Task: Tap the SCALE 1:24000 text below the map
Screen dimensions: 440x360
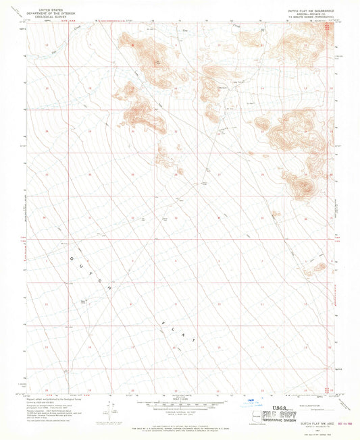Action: (179, 397)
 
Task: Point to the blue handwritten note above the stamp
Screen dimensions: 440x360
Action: (260, 400)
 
